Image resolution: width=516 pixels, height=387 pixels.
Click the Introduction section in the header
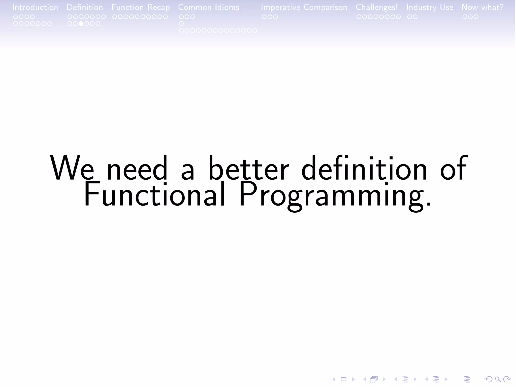point(35,7)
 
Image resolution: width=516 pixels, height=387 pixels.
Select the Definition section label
point(85,7)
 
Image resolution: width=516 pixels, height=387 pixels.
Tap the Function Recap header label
point(140,7)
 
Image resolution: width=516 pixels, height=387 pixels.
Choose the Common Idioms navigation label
point(209,7)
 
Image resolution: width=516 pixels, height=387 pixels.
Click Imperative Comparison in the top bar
point(304,7)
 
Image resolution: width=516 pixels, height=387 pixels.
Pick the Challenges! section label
point(377,7)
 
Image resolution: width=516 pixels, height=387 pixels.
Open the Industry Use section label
point(430,7)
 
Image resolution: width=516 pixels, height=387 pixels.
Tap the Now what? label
point(482,7)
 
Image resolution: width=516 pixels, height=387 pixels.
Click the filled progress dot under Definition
point(81,24)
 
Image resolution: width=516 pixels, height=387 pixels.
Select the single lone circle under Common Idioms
point(181,24)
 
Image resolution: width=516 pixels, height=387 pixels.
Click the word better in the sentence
point(249,168)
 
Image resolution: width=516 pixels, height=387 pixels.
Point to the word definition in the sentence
point(364,168)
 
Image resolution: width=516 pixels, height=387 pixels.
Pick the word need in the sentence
point(137,168)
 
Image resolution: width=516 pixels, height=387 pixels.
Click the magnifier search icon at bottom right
point(498,379)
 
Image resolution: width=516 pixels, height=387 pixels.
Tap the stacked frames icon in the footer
point(374,379)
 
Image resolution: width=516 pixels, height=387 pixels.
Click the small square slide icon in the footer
point(343,379)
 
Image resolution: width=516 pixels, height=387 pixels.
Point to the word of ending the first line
point(453,168)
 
